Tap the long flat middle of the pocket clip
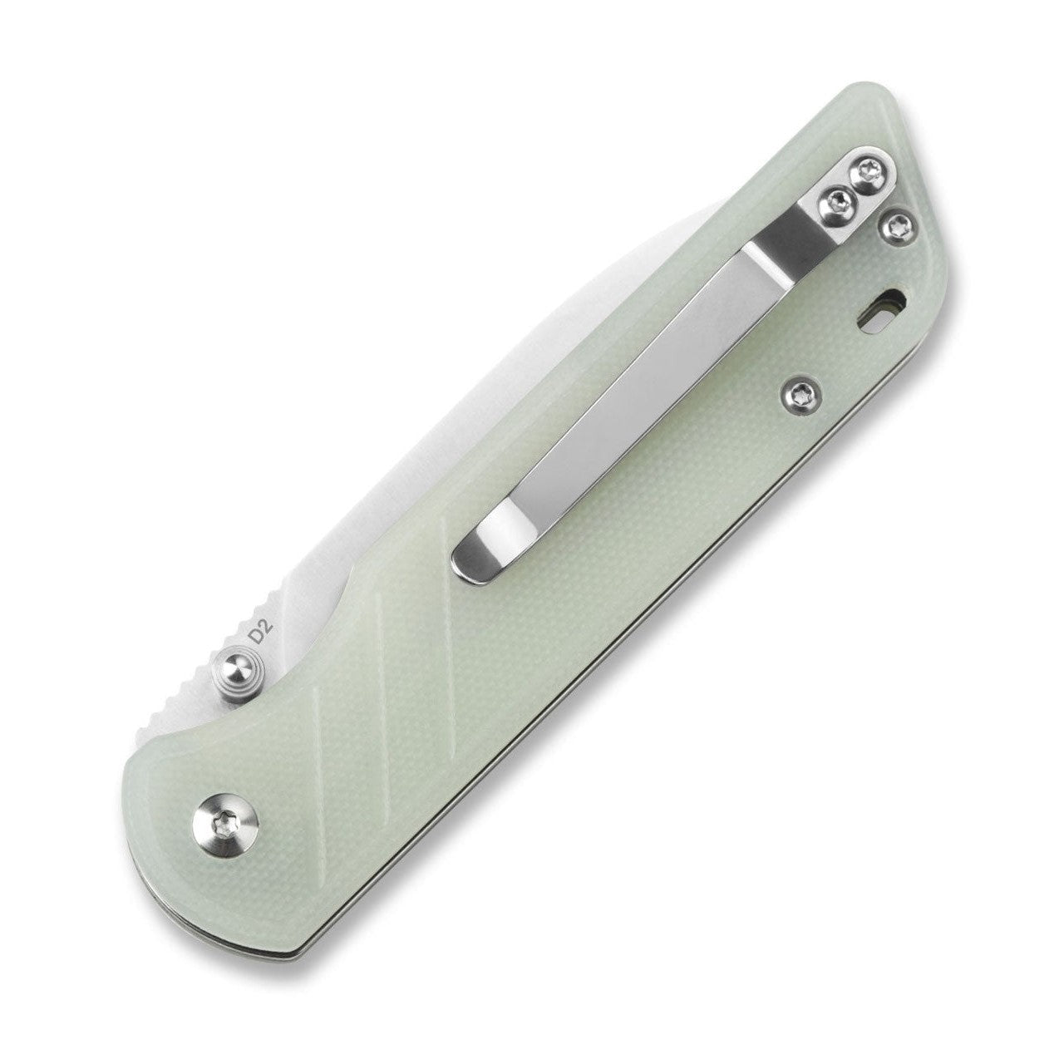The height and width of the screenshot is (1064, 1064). [x=632, y=399]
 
